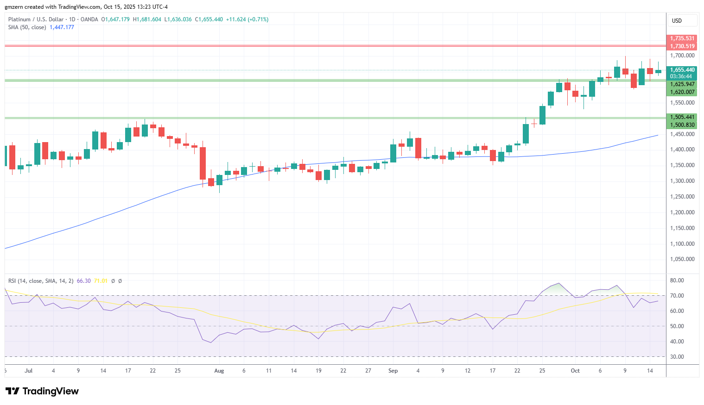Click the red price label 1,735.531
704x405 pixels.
682,38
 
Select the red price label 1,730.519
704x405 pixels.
682,46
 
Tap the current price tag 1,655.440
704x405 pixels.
682,70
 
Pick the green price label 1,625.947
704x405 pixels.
682,84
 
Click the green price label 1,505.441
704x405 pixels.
682,117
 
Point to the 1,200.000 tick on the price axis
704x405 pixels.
682,212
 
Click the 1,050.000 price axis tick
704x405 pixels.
682,259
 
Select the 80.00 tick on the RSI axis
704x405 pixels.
677,280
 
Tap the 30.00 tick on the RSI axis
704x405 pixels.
677,357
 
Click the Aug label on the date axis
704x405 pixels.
219,371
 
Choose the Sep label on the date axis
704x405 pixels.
393,371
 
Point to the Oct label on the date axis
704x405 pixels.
575,371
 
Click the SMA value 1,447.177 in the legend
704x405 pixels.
62,27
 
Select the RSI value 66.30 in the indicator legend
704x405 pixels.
83,281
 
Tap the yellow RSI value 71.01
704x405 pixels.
101,281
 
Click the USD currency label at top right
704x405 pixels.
677,21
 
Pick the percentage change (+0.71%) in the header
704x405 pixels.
258,19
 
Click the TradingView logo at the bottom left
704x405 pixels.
42,391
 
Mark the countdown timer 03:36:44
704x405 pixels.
681,76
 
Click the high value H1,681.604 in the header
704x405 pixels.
147,19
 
